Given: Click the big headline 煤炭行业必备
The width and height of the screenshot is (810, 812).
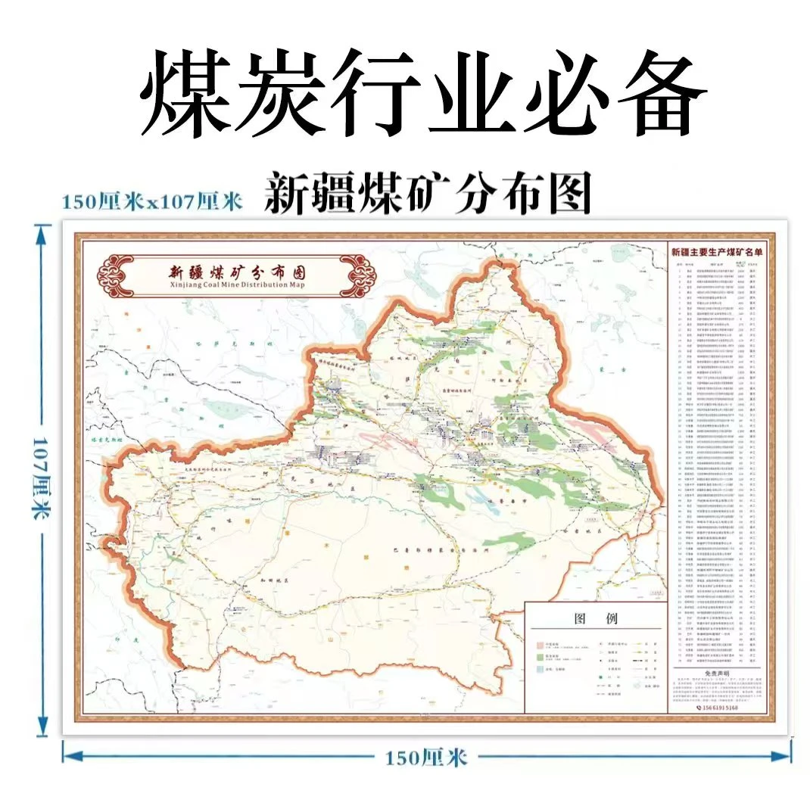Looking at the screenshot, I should (x=422, y=95).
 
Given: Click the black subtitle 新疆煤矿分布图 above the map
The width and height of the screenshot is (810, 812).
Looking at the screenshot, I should (x=427, y=193).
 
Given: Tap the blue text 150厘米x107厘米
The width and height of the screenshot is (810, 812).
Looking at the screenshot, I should (x=151, y=201).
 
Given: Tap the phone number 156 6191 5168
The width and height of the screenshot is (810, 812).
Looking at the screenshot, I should (x=717, y=708).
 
